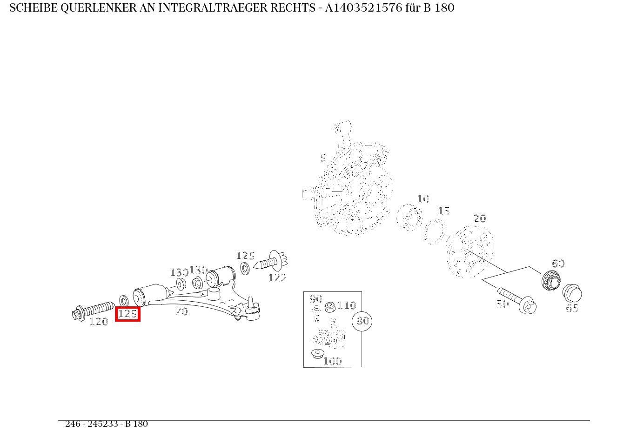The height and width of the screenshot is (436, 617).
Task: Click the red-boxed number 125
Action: (x=127, y=314)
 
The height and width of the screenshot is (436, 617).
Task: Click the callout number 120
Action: (x=99, y=322)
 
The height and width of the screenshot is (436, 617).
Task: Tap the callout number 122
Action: (x=277, y=278)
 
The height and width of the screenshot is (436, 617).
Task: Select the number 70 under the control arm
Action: (x=181, y=312)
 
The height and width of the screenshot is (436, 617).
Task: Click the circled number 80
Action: (x=362, y=321)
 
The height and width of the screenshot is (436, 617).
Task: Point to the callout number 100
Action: (x=332, y=361)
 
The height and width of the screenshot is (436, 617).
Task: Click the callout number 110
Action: (x=347, y=305)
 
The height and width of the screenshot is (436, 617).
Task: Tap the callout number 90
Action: (x=316, y=299)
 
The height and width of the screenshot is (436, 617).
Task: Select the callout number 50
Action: (x=503, y=304)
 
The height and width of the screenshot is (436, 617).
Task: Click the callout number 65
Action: (x=572, y=308)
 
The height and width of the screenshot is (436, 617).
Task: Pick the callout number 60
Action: (x=558, y=264)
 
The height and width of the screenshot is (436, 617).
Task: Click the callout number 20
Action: (x=479, y=218)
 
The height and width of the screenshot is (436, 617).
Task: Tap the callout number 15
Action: (x=444, y=211)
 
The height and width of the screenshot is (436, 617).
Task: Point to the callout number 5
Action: (x=323, y=158)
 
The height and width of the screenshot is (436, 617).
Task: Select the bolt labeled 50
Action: (x=516, y=300)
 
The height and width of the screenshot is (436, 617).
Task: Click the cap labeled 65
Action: (x=572, y=293)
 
